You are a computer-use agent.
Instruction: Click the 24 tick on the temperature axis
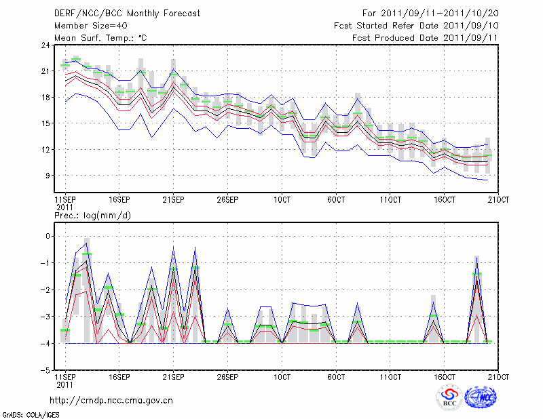[46, 45]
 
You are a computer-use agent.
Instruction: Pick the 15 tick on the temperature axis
[46, 123]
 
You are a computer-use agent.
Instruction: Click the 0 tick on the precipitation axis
[48, 237]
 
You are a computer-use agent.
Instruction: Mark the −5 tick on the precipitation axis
[46, 371]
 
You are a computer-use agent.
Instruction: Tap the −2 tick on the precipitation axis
[46, 290]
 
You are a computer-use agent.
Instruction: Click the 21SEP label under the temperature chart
[173, 200]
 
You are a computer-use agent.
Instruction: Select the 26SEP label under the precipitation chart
[227, 376]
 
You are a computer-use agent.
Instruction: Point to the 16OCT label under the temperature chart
[445, 200]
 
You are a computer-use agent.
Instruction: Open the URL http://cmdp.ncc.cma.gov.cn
[111, 400]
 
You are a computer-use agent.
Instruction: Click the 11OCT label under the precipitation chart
[390, 376]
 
